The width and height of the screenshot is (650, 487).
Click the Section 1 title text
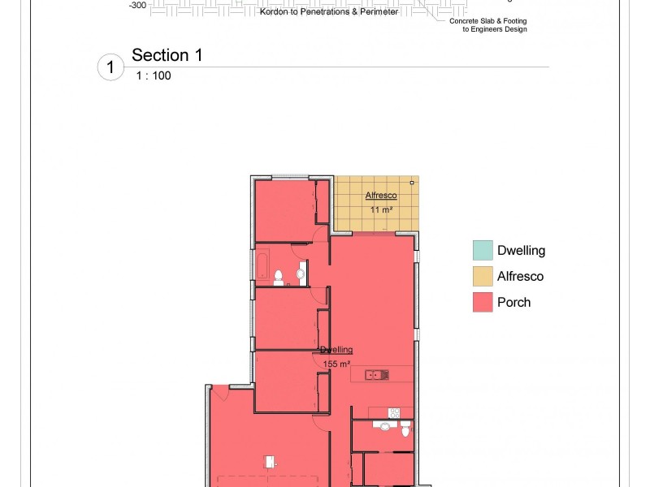tap(167, 55)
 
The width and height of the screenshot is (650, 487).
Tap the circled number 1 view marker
tap(110, 67)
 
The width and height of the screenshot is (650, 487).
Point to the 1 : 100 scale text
tap(154, 75)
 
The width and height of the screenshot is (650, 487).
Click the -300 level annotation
tap(137, 5)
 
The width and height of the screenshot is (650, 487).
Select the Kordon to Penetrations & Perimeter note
tap(328, 13)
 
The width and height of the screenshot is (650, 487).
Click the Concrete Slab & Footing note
tap(488, 21)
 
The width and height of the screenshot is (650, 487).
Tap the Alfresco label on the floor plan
tap(380, 196)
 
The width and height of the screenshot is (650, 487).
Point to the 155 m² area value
tap(334, 364)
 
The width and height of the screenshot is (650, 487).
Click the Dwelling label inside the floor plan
tap(336, 350)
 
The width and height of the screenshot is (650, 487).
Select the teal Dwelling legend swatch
tap(483, 251)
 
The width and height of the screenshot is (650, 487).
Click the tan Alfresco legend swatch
tap(483, 277)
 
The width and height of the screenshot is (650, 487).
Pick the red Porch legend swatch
tap(483, 303)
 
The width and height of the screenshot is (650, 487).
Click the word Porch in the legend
tap(513, 303)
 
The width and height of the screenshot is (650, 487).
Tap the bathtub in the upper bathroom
tap(263, 265)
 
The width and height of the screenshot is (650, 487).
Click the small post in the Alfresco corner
tap(412, 183)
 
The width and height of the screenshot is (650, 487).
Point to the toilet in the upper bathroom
tap(279, 278)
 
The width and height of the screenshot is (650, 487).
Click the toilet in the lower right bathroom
tap(405, 429)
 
